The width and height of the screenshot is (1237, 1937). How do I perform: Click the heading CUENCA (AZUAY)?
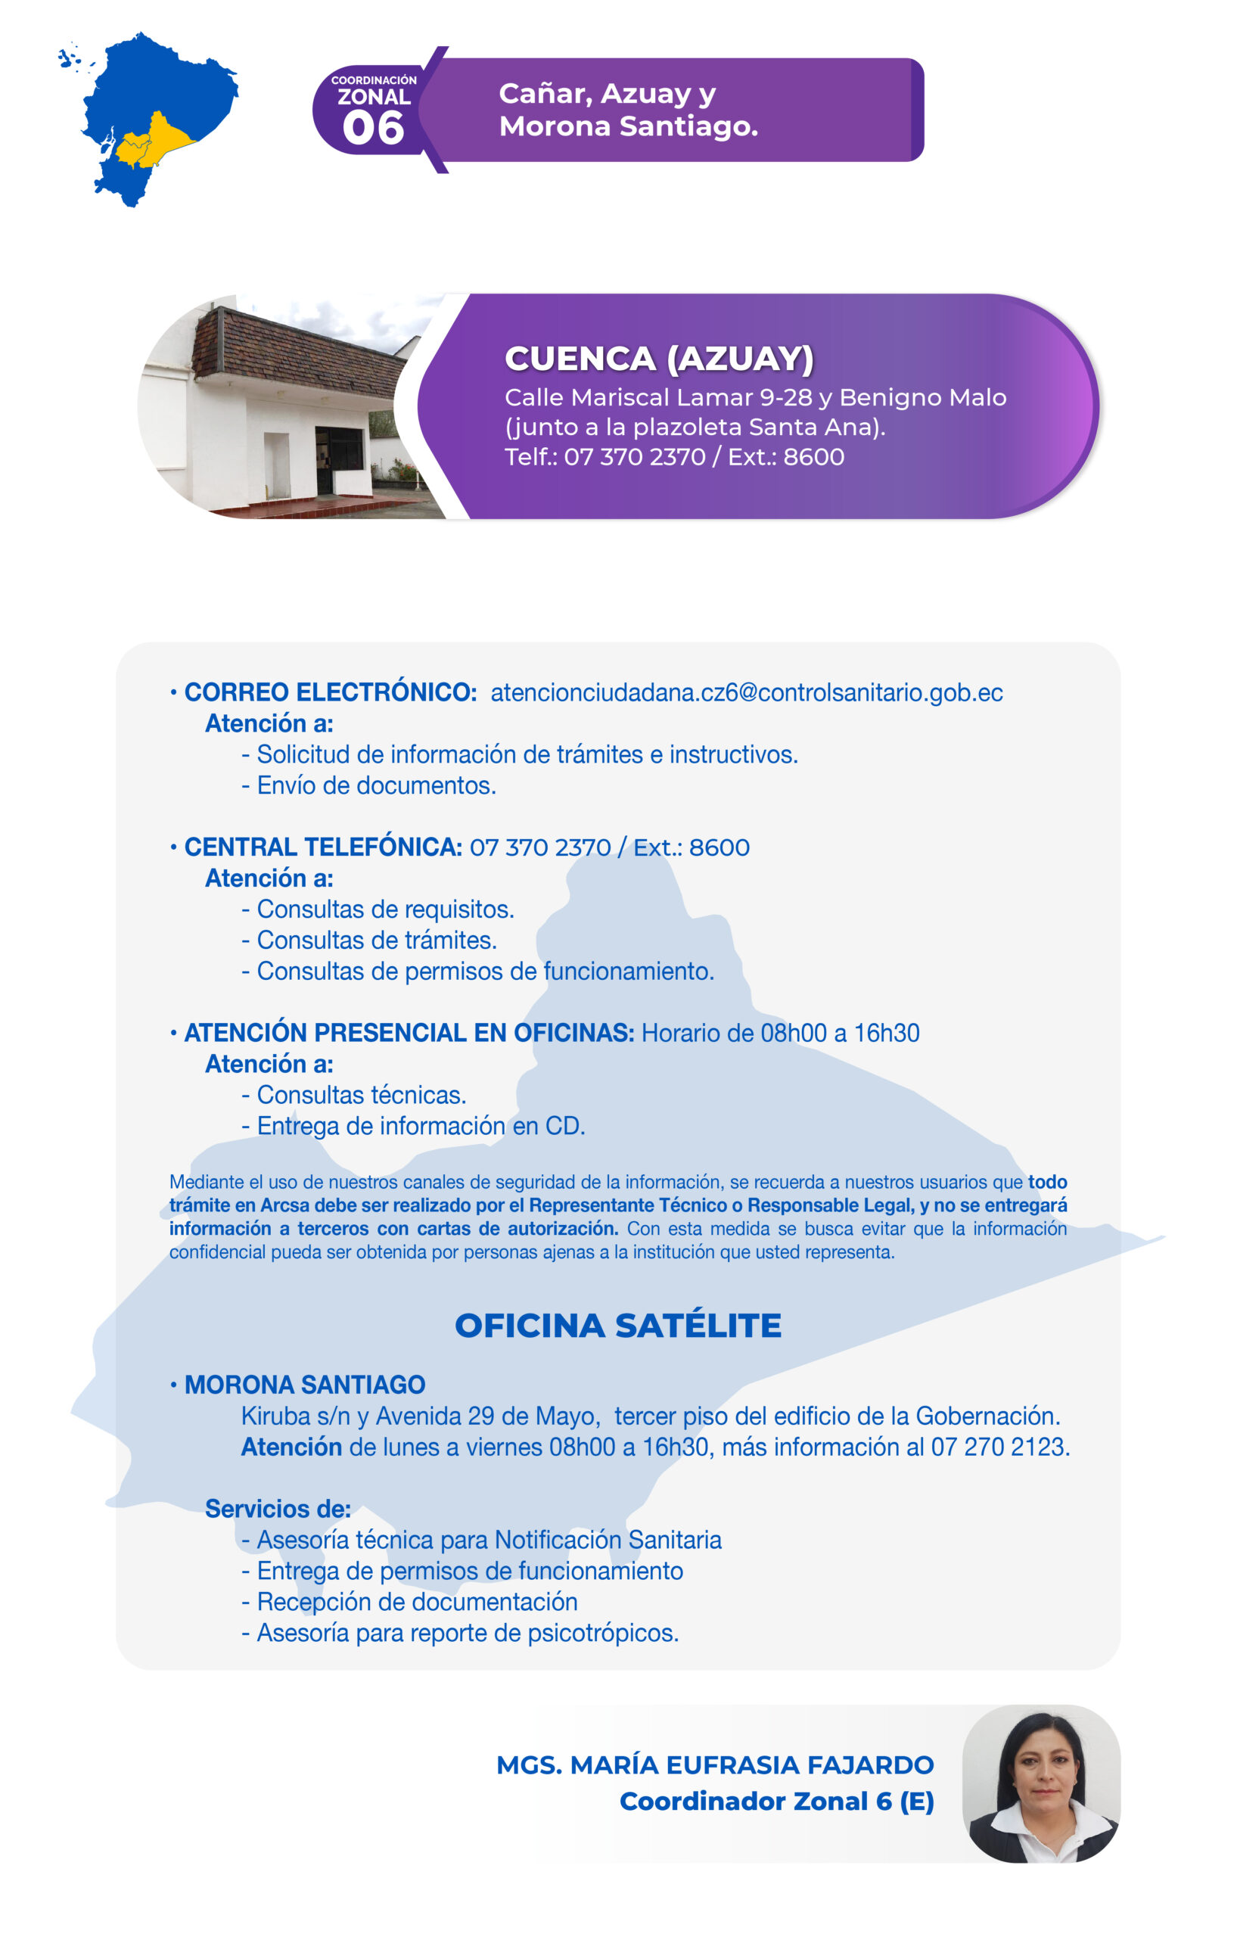point(659,359)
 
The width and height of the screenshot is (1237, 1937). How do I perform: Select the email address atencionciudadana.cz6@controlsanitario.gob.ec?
point(747,692)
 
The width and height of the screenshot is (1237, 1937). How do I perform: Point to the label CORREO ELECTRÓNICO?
point(331,692)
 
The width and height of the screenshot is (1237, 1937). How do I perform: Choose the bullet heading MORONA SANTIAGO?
point(305,1385)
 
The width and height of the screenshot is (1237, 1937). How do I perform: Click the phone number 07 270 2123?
point(999,1447)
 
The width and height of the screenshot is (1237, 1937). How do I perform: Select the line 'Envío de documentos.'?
point(375,786)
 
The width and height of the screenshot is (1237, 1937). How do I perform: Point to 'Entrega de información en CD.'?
point(420,1126)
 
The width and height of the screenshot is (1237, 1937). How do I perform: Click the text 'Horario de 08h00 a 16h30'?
point(780,1033)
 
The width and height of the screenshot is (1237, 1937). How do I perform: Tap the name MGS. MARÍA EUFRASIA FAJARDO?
point(715,1764)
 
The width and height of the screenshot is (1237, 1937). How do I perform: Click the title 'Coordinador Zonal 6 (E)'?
point(776,1801)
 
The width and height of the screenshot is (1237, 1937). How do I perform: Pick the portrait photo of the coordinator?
point(1041,1783)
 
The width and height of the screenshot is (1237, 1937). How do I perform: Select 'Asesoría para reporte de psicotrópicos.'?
point(467,1633)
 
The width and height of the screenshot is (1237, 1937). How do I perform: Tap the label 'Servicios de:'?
point(278,1509)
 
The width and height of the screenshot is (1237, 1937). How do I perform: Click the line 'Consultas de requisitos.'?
point(384,909)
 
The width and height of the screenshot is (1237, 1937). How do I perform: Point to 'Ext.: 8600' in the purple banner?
point(786,457)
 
